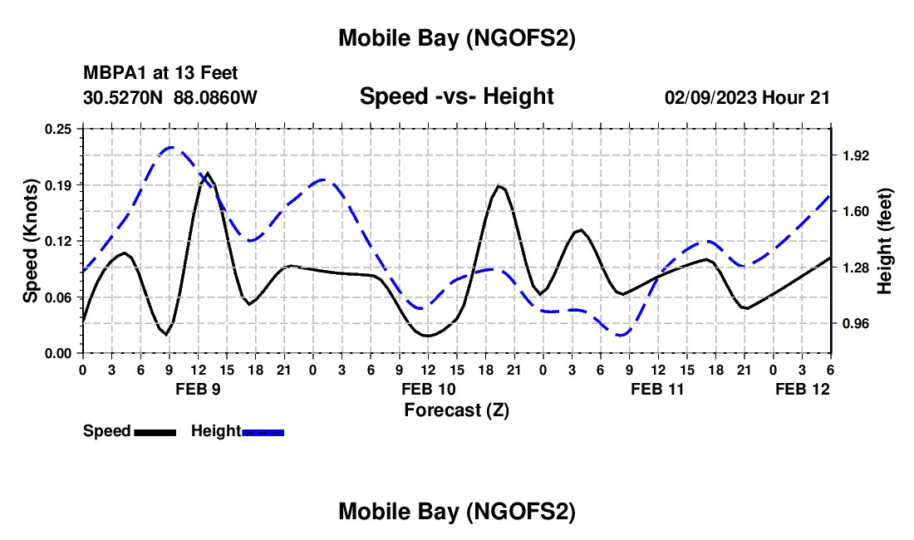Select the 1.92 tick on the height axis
[856, 155]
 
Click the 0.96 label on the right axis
[856, 323]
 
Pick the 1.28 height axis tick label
[856, 268]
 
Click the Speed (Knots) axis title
[31, 241]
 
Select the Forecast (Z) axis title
[456, 410]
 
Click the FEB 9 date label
[198, 389]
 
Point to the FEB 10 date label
[428, 389]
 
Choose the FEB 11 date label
[657, 389]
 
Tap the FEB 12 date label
[802, 389]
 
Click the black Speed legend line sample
[155, 431]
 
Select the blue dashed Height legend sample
[263, 431]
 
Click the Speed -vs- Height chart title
[456, 96]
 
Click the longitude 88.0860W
[215, 97]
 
